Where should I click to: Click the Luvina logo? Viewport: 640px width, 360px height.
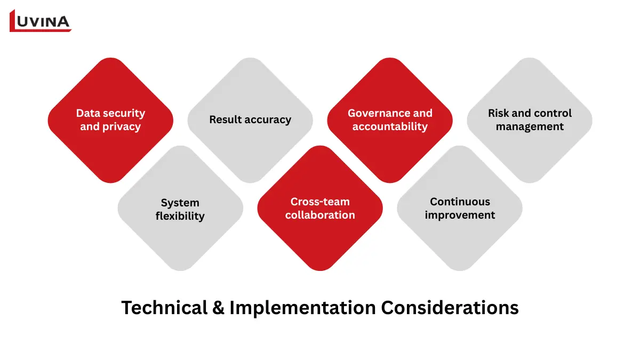coord(41,21)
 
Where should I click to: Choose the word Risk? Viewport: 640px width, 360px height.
coord(499,113)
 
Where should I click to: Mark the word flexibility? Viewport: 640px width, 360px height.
coord(180,216)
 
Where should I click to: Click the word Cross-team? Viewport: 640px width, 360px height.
coord(320,202)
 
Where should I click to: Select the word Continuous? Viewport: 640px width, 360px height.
coord(460,202)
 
